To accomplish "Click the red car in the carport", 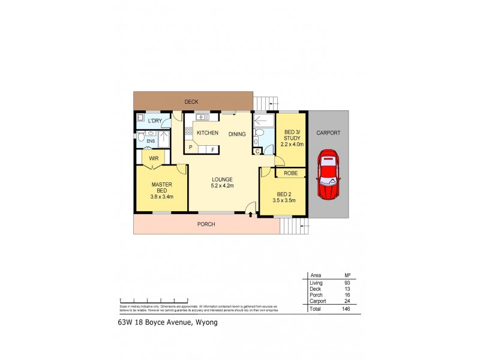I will click(329, 175).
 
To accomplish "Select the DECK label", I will click(191, 102).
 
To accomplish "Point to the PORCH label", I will click(206, 224).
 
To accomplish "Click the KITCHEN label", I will click(208, 133).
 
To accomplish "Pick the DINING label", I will click(237, 134).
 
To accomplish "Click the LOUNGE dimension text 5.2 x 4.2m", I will click(221, 186).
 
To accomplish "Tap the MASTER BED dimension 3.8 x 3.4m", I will click(162, 196).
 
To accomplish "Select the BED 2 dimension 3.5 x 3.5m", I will click(285, 200).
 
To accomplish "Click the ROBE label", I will click(291, 173).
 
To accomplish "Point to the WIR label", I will click(154, 158).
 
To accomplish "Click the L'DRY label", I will click(155, 121).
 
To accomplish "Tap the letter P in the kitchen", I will click(191, 148).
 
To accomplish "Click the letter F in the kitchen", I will click(212, 148).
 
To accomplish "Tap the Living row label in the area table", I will click(316, 282).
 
